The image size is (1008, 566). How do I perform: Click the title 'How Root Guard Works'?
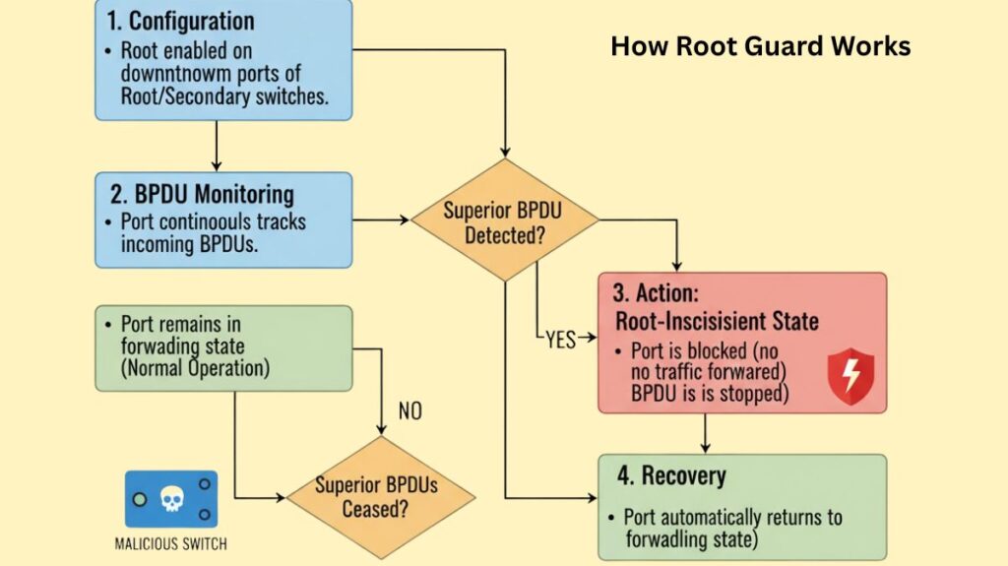[760, 46]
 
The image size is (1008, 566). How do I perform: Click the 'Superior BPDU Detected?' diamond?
[504, 220]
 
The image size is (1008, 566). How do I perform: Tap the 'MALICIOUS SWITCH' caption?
[171, 542]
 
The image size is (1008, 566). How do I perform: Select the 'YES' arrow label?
[560, 339]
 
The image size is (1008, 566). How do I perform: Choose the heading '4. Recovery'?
[671, 476]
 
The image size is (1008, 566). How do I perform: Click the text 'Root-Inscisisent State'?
[717, 320]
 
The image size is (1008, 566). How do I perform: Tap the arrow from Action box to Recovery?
[706, 433]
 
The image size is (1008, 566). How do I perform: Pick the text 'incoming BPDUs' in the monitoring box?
[189, 244]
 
